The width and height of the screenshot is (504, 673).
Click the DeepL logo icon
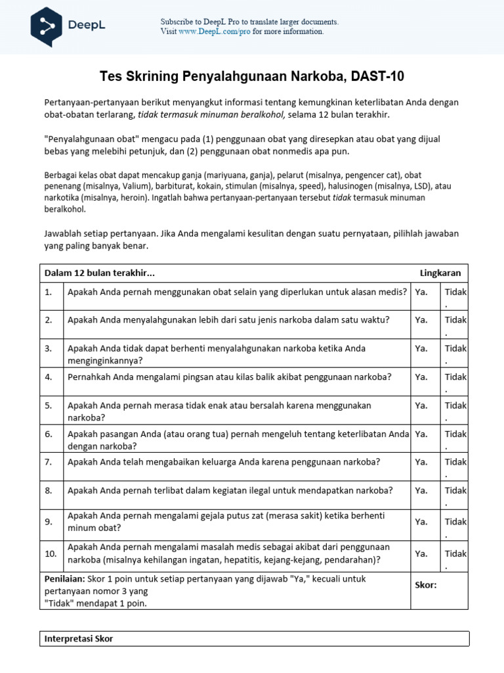(x=46, y=26)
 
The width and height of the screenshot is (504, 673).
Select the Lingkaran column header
(x=440, y=273)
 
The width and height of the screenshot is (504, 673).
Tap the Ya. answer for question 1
(x=421, y=292)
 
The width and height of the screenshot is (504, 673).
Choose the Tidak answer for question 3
(x=455, y=348)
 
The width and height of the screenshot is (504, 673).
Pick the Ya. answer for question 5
(x=421, y=406)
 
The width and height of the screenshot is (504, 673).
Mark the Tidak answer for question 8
(x=455, y=490)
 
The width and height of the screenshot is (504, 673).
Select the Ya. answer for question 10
(x=421, y=553)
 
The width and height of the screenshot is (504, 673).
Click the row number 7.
(x=49, y=462)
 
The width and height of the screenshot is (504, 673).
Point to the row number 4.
(x=49, y=377)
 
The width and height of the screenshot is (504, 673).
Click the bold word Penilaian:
(x=65, y=579)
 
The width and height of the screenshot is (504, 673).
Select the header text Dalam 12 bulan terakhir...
(x=99, y=273)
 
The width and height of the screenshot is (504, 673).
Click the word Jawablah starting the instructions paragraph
(x=64, y=233)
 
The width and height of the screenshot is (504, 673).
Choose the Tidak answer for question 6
(x=455, y=434)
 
